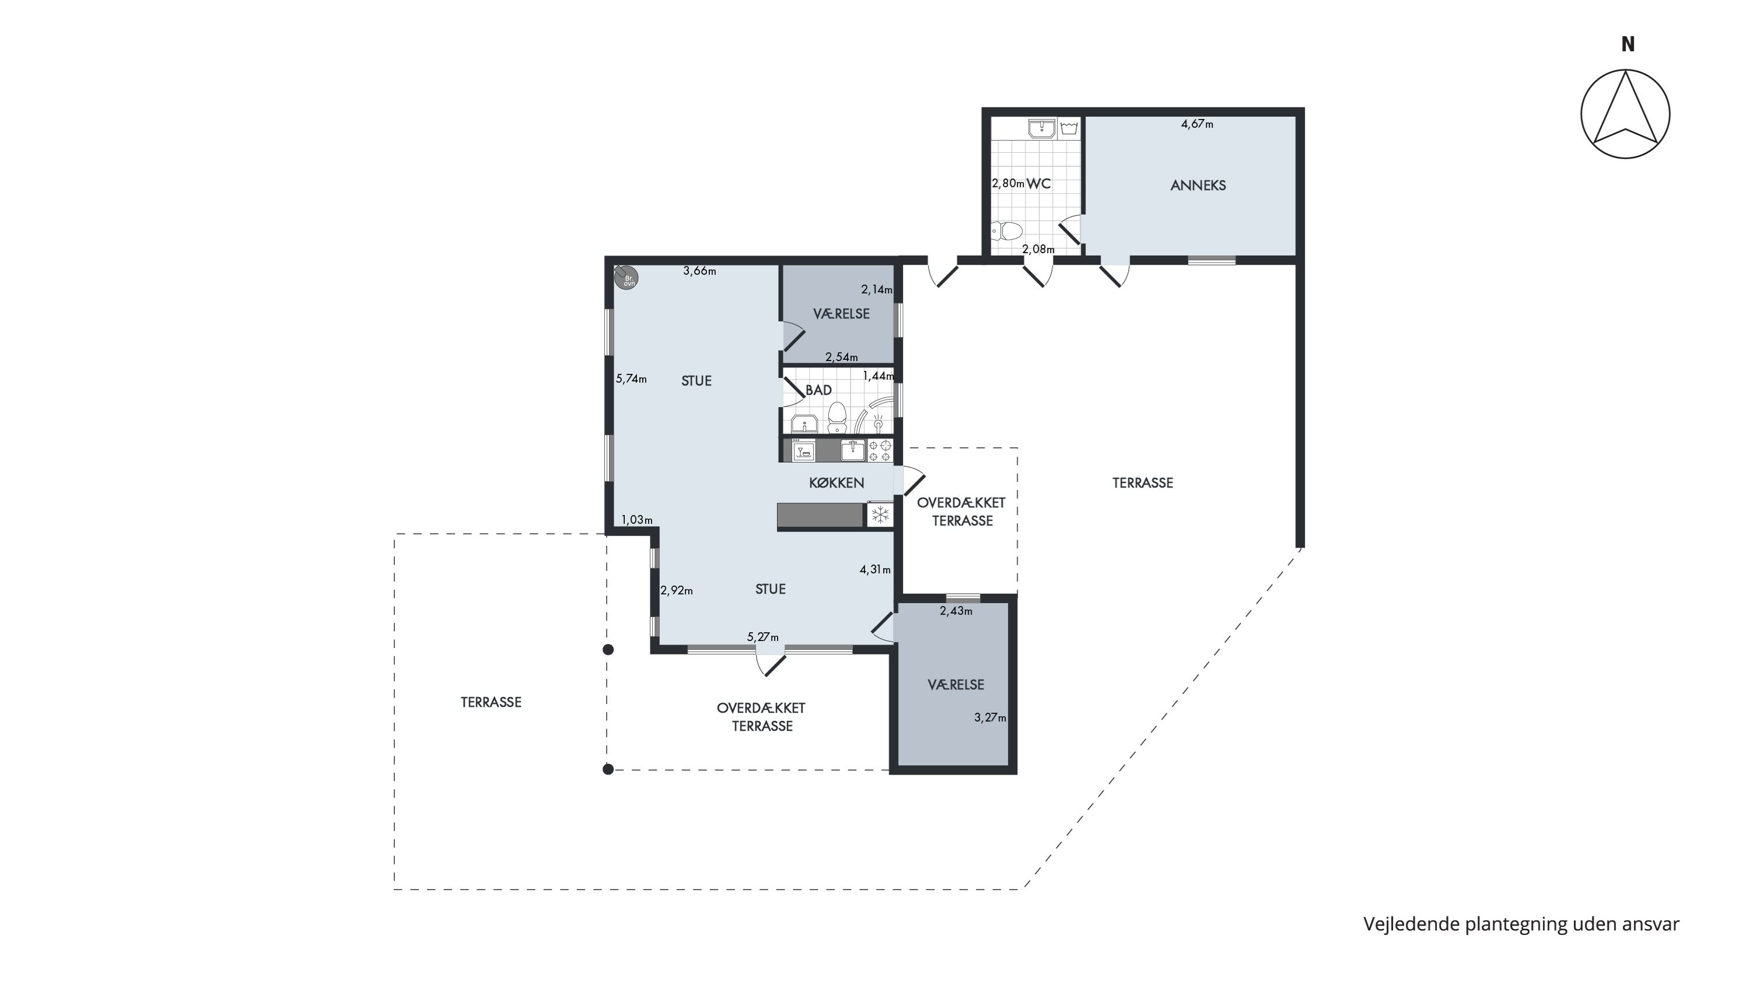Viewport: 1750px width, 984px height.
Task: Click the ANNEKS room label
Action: pyautogui.click(x=1198, y=185)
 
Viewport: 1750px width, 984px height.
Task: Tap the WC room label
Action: pyautogui.click(x=1039, y=183)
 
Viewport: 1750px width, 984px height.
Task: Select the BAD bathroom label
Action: pyautogui.click(x=818, y=390)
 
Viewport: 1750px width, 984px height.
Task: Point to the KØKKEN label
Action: pyautogui.click(x=836, y=483)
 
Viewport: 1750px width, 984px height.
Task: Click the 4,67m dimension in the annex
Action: pyautogui.click(x=1197, y=124)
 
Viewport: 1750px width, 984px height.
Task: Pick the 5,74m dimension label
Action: pyautogui.click(x=631, y=379)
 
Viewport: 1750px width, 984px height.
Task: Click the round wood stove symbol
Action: pyautogui.click(x=626, y=278)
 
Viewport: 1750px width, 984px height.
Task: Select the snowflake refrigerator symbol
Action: pyautogui.click(x=880, y=515)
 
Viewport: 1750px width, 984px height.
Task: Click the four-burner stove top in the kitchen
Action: pyautogui.click(x=880, y=450)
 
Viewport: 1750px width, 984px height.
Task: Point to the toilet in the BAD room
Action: pyautogui.click(x=838, y=417)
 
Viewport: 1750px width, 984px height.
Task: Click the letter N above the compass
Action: pyautogui.click(x=1627, y=44)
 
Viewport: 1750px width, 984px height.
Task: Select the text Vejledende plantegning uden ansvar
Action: pyautogui.click(x=1521, y=925)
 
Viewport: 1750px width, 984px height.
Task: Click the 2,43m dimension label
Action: pyautogui.click(x=956, y=611)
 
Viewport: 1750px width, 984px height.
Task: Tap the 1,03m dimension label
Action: pyautogui.click(x=636, y=520)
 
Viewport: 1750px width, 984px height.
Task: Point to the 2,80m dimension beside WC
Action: pyautogui.click(x=1008, y=183)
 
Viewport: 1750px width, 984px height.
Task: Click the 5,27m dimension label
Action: pyautogui.click(x=763, y=637)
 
